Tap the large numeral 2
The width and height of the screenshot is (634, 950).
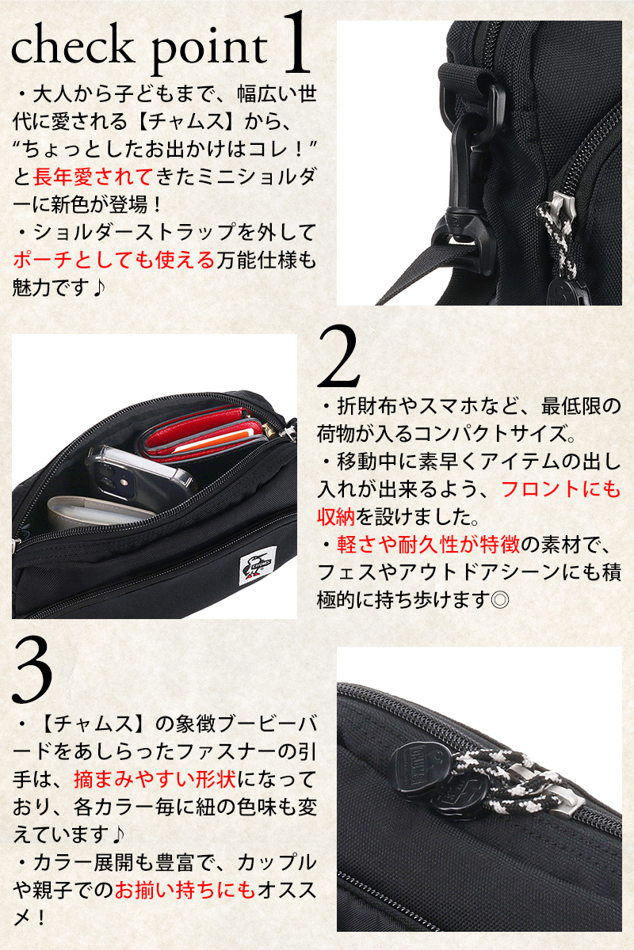[338, 356]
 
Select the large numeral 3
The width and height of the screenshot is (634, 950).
[32, 671]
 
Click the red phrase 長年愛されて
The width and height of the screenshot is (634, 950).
[93, 177]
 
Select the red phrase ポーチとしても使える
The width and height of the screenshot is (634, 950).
[114, 260]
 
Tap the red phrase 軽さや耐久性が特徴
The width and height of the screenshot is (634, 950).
[429, 544]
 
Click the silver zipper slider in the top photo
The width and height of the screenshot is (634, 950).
[560, 207]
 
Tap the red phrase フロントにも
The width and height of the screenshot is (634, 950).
[561, 489]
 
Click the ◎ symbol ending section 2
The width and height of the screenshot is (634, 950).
[499, 600]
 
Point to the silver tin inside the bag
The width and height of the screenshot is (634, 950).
[100, 512]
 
